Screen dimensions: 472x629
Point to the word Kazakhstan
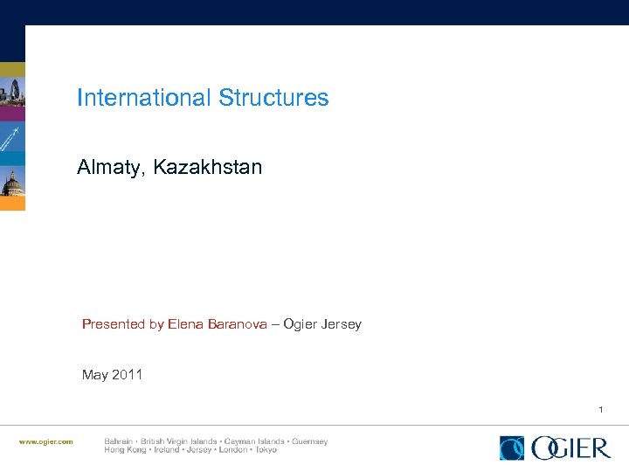point(208,167)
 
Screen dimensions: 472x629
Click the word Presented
point(114,324)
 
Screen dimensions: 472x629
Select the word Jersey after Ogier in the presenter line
point(341,324)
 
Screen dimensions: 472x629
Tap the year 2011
point(127,375)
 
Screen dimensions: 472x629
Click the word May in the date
point(94,375)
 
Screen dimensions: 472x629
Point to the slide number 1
point(601,409)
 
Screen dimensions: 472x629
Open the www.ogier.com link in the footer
point(46,441)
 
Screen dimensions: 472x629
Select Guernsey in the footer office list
point(309,441)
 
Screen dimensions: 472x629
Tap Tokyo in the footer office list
point(265,450)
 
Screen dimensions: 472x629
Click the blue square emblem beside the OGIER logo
point(512,448)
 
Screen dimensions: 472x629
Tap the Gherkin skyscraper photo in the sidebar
point(12,92)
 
